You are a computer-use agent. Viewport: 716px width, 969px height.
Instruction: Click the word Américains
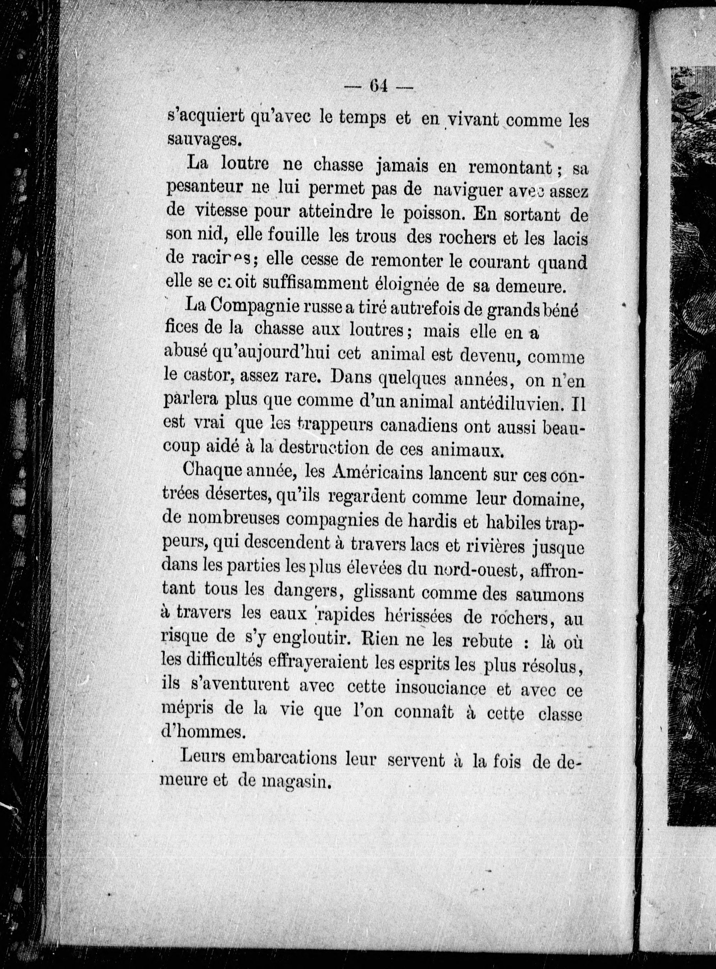376,474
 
